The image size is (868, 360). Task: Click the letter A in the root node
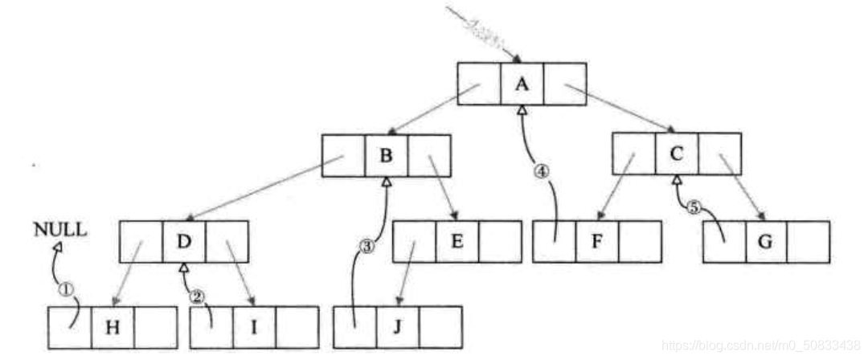[522, 83]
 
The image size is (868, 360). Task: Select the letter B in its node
[386, 155]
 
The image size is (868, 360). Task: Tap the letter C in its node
[677, 153]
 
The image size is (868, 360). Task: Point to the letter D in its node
[183, 242]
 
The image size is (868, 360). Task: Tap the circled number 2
[198, 296]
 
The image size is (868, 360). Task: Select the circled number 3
[368, 247]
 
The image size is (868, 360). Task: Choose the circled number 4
[542, 170]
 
